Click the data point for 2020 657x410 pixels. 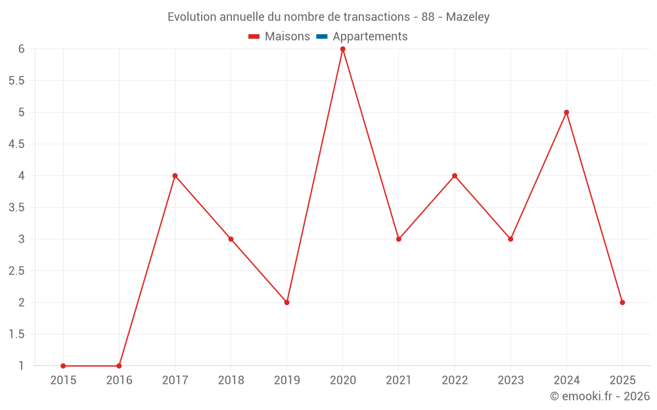pyautogui.click(x=342, y=49)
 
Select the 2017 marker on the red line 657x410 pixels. pyautogui.click(x=175, y=176)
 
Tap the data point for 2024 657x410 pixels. pyautogui.click(x=566, y=112)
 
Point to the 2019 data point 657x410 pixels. pyautogui.click(x=286, y=302)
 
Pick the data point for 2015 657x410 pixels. pyautogui.click(x=63, y=366)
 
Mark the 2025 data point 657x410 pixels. pyautogui.click(x=622, y=302)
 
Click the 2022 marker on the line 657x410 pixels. pyautogui.click(x=455, y=176)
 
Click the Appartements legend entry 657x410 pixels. pyautogui.click(x=370, y=37)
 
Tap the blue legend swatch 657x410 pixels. pyautogui.click(x=321, y=37)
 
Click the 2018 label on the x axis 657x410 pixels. pyautogui.click(x=231, y=380)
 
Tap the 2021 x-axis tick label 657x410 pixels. pyautogui.click(x=399, y=380)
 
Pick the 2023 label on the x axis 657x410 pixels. pyautogui.click(x=510, y=380)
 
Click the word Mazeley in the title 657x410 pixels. pyautogui.click(x=468, y=17)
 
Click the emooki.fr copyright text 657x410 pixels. pyautogui.click(x=600, y=396)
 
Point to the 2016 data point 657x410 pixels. pyautogui.click(x=119, y=366)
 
